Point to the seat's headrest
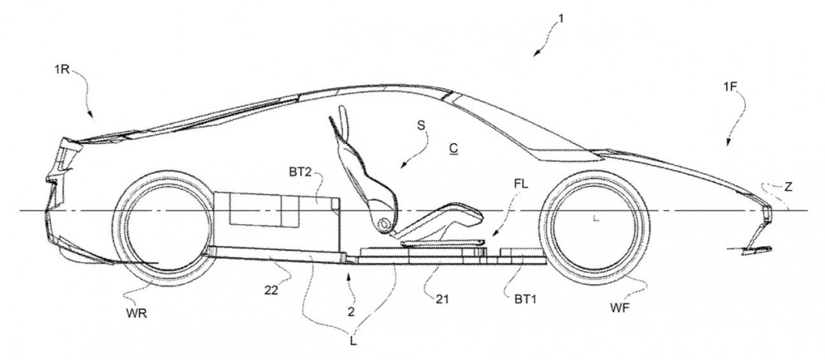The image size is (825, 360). point(342,119)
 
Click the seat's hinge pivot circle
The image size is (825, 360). point(382,223)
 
